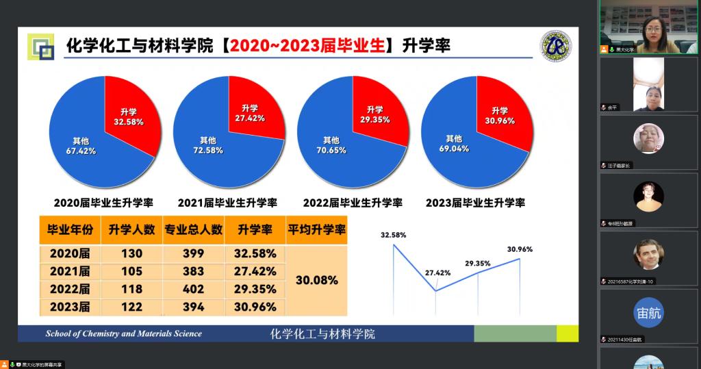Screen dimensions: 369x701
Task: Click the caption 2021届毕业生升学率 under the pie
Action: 227,203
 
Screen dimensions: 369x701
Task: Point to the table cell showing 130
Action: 131,253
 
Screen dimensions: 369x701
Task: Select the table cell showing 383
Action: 193,272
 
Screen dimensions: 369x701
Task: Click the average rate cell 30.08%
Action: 316,281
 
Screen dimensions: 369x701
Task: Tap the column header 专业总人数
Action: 193,230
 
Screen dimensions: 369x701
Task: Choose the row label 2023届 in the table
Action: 70,307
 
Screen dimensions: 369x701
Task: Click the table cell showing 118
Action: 131,290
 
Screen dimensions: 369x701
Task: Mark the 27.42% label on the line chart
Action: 438,272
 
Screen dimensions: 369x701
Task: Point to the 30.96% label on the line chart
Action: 520,249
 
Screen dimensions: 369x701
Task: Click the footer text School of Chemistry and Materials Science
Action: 124,334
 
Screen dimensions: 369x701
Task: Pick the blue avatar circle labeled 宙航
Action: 648,314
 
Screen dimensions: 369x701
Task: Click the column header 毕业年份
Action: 70,230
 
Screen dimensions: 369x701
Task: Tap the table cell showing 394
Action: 193,307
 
